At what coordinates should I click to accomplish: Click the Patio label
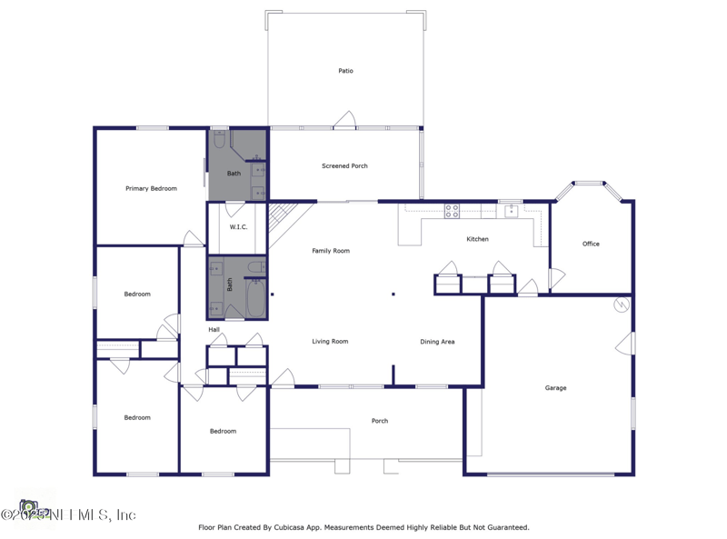coord(345,71)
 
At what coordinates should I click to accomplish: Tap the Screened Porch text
coord(344,166)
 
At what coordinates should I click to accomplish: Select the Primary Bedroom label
coord(151,189)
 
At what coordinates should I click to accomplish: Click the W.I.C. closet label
coord(238,227)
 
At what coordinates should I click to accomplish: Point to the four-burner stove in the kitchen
coord(452,211)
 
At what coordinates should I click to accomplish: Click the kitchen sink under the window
coord(511,211)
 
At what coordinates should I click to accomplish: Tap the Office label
coord(591,244)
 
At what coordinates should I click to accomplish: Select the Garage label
coord(555,388)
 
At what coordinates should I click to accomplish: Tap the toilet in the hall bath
coord(257,267)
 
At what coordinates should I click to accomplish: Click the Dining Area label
coord(437,342)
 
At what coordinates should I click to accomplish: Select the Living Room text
coord(330,342)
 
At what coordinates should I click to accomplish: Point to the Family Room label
coord(331,251)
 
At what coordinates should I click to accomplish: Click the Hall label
coord(214,330)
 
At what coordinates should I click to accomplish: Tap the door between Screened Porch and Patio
coord(344,121)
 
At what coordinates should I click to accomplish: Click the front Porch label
coord(380,421)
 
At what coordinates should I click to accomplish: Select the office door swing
coord(556,278)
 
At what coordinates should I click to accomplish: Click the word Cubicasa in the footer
coord(286,527)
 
